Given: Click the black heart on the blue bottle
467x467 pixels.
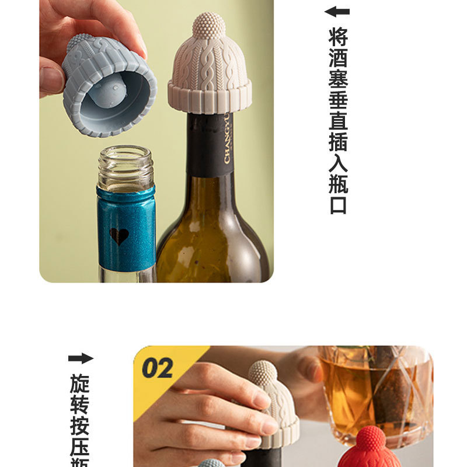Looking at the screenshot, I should click(x=119, y=236).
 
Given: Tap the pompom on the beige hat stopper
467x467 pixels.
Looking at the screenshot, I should click(x=209, y=26).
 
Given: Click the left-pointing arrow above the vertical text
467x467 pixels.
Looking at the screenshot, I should click(x=337, y=11).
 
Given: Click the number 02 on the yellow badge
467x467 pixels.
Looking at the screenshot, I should click(x=158, y=368).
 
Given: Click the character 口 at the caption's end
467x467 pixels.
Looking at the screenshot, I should click(x=338, y=205).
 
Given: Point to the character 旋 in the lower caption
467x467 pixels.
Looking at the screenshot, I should click(x=80, y=384).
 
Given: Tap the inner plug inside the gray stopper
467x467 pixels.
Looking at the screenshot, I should click(x=109, y=93).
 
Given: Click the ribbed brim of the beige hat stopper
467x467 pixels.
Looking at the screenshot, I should click(x=210, y=96).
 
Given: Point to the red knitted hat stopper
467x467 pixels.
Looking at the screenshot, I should click(x=372, y=449).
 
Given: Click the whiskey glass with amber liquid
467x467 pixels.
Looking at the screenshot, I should click(x=374, y=391).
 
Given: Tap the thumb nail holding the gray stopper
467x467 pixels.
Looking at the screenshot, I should click(x=51, y=79).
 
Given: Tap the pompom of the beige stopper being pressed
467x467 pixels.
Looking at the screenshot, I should click(x=263, y=374).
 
